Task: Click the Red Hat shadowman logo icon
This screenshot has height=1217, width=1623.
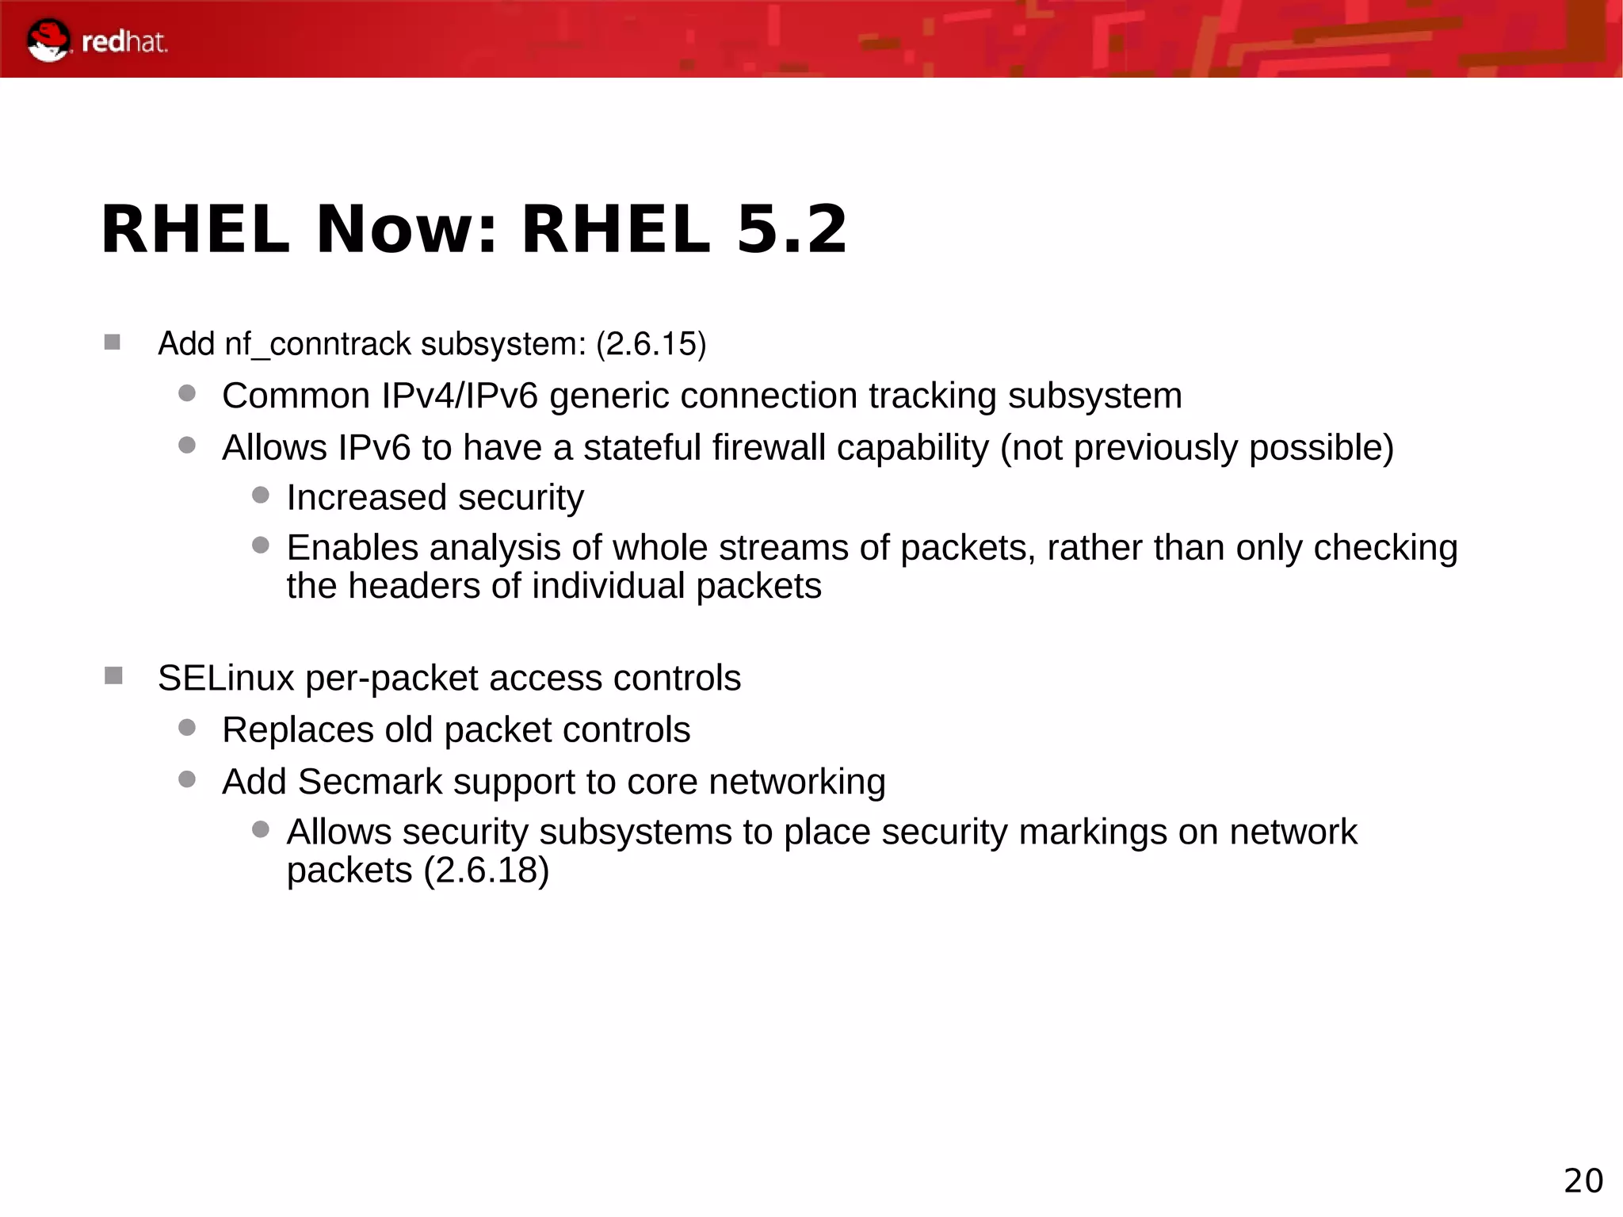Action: tap(48, 40)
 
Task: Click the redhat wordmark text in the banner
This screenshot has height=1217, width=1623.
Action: tap(124, 42)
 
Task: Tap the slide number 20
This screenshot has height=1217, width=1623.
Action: tap(1583, 1181)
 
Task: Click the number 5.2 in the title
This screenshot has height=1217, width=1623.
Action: tap(792, 230)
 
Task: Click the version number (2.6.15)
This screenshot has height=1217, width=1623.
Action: tap(651, 345)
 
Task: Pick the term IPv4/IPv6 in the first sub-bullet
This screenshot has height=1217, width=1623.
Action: tap(460, 396)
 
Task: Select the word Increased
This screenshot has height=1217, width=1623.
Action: tap(367, 498)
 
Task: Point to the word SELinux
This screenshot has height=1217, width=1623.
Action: tap(226, 679)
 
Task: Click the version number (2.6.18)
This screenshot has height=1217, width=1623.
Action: tap(486, 871)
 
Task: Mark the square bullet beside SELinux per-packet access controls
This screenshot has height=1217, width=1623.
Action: tap(113, 676)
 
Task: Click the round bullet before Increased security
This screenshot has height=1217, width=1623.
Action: tap(261, 496)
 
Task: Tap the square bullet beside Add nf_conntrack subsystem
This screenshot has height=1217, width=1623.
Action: tap(113, 343)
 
